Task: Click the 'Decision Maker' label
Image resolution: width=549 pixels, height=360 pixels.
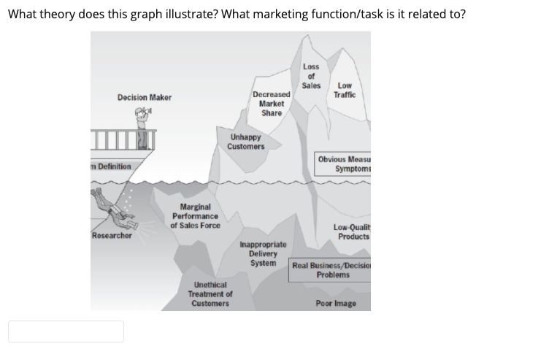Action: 144,97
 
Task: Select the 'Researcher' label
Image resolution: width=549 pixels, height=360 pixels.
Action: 112,236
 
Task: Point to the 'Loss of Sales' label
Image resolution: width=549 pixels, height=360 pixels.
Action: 311,76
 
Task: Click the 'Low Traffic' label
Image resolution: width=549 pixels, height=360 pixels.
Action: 345,90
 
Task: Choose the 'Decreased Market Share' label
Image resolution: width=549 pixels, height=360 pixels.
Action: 272,104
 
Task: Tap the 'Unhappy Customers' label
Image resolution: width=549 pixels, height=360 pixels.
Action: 245,142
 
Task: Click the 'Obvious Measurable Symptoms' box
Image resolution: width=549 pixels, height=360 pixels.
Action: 342,164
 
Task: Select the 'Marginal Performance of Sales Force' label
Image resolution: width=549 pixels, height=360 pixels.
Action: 195,216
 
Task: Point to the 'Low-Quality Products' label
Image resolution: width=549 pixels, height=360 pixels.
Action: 351,231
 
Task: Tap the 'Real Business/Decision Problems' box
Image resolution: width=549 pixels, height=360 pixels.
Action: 331,269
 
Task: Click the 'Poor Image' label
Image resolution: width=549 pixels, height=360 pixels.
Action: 336,304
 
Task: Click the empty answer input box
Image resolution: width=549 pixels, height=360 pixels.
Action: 66,332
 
